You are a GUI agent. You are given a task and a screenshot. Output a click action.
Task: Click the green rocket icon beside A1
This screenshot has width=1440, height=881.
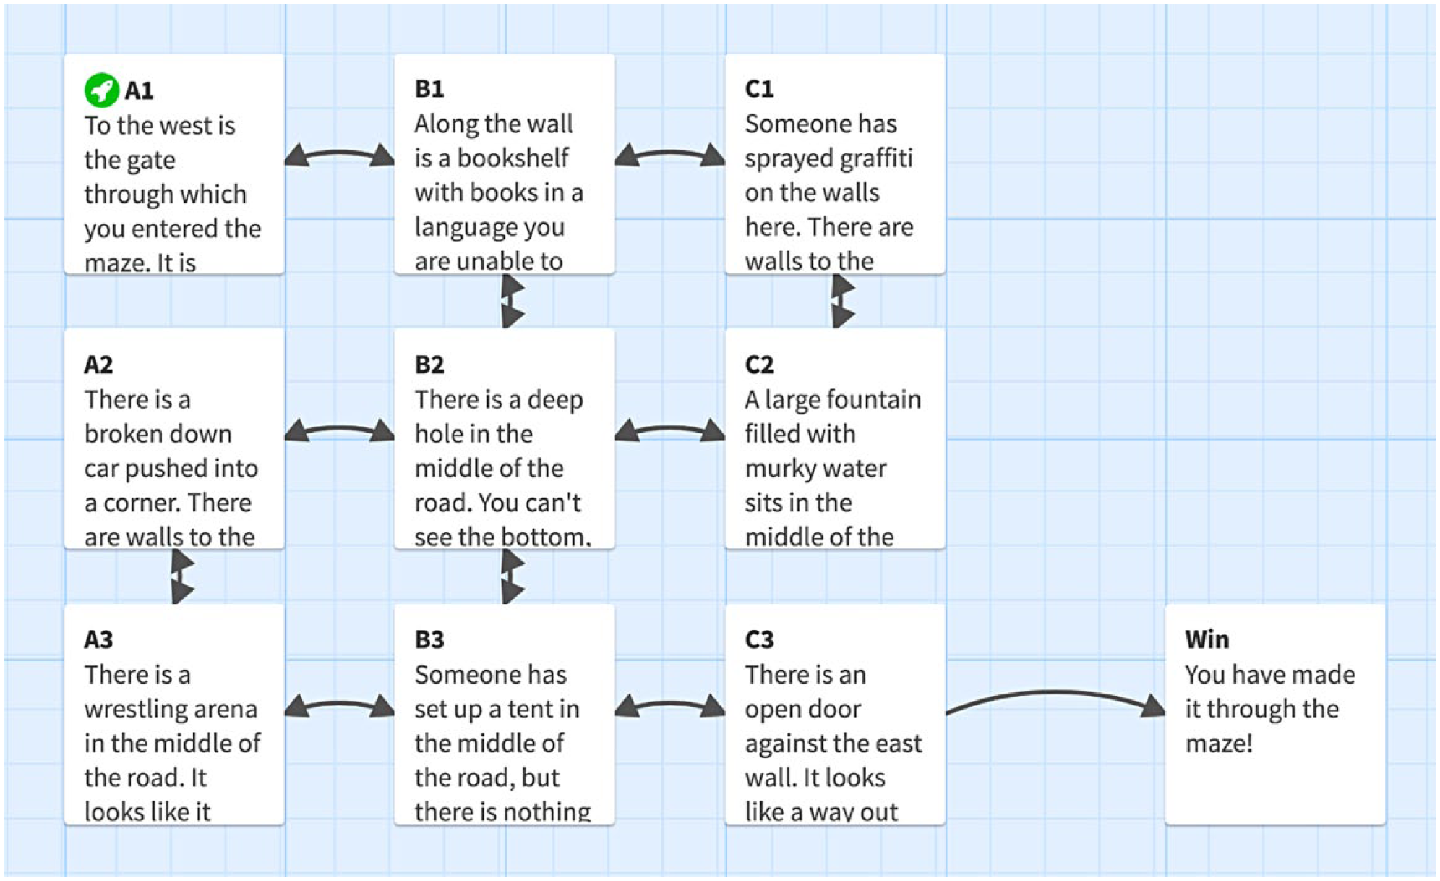[x=101, y=90]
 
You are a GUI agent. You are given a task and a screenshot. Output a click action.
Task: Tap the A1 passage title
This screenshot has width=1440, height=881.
[x=139, y=90]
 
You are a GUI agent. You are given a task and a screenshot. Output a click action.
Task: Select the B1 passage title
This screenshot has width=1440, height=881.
[x=429, y=88]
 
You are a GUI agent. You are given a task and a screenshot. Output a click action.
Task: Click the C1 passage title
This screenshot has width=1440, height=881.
[x=759, y=88]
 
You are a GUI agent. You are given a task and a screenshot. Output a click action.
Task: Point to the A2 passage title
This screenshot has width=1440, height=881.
[x=98, y=364]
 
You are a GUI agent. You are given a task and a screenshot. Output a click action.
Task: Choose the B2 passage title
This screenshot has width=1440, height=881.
[x=429, y=364]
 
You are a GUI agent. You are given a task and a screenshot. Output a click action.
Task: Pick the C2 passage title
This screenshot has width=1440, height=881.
[x=759, y=364]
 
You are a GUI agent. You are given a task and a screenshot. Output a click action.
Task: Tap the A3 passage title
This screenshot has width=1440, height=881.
[x=98, y=639]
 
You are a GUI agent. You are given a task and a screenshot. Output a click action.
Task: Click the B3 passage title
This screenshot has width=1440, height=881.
[x=429, y=639]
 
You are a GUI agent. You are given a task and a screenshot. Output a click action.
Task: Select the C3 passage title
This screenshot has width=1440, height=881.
[x=759, y=639]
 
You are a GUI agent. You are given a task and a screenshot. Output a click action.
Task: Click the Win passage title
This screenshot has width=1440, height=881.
[x=1207, y=639]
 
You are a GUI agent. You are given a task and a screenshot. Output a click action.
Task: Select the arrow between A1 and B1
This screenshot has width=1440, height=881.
[x=340, y=153]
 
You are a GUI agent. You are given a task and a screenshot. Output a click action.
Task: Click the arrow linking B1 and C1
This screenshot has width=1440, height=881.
[x=670, y=153]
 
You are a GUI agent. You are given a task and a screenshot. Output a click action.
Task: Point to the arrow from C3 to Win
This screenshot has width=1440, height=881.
[x=1054, y=694]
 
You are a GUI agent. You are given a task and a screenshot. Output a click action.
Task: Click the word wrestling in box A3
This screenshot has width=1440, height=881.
[x=171, y=709]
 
